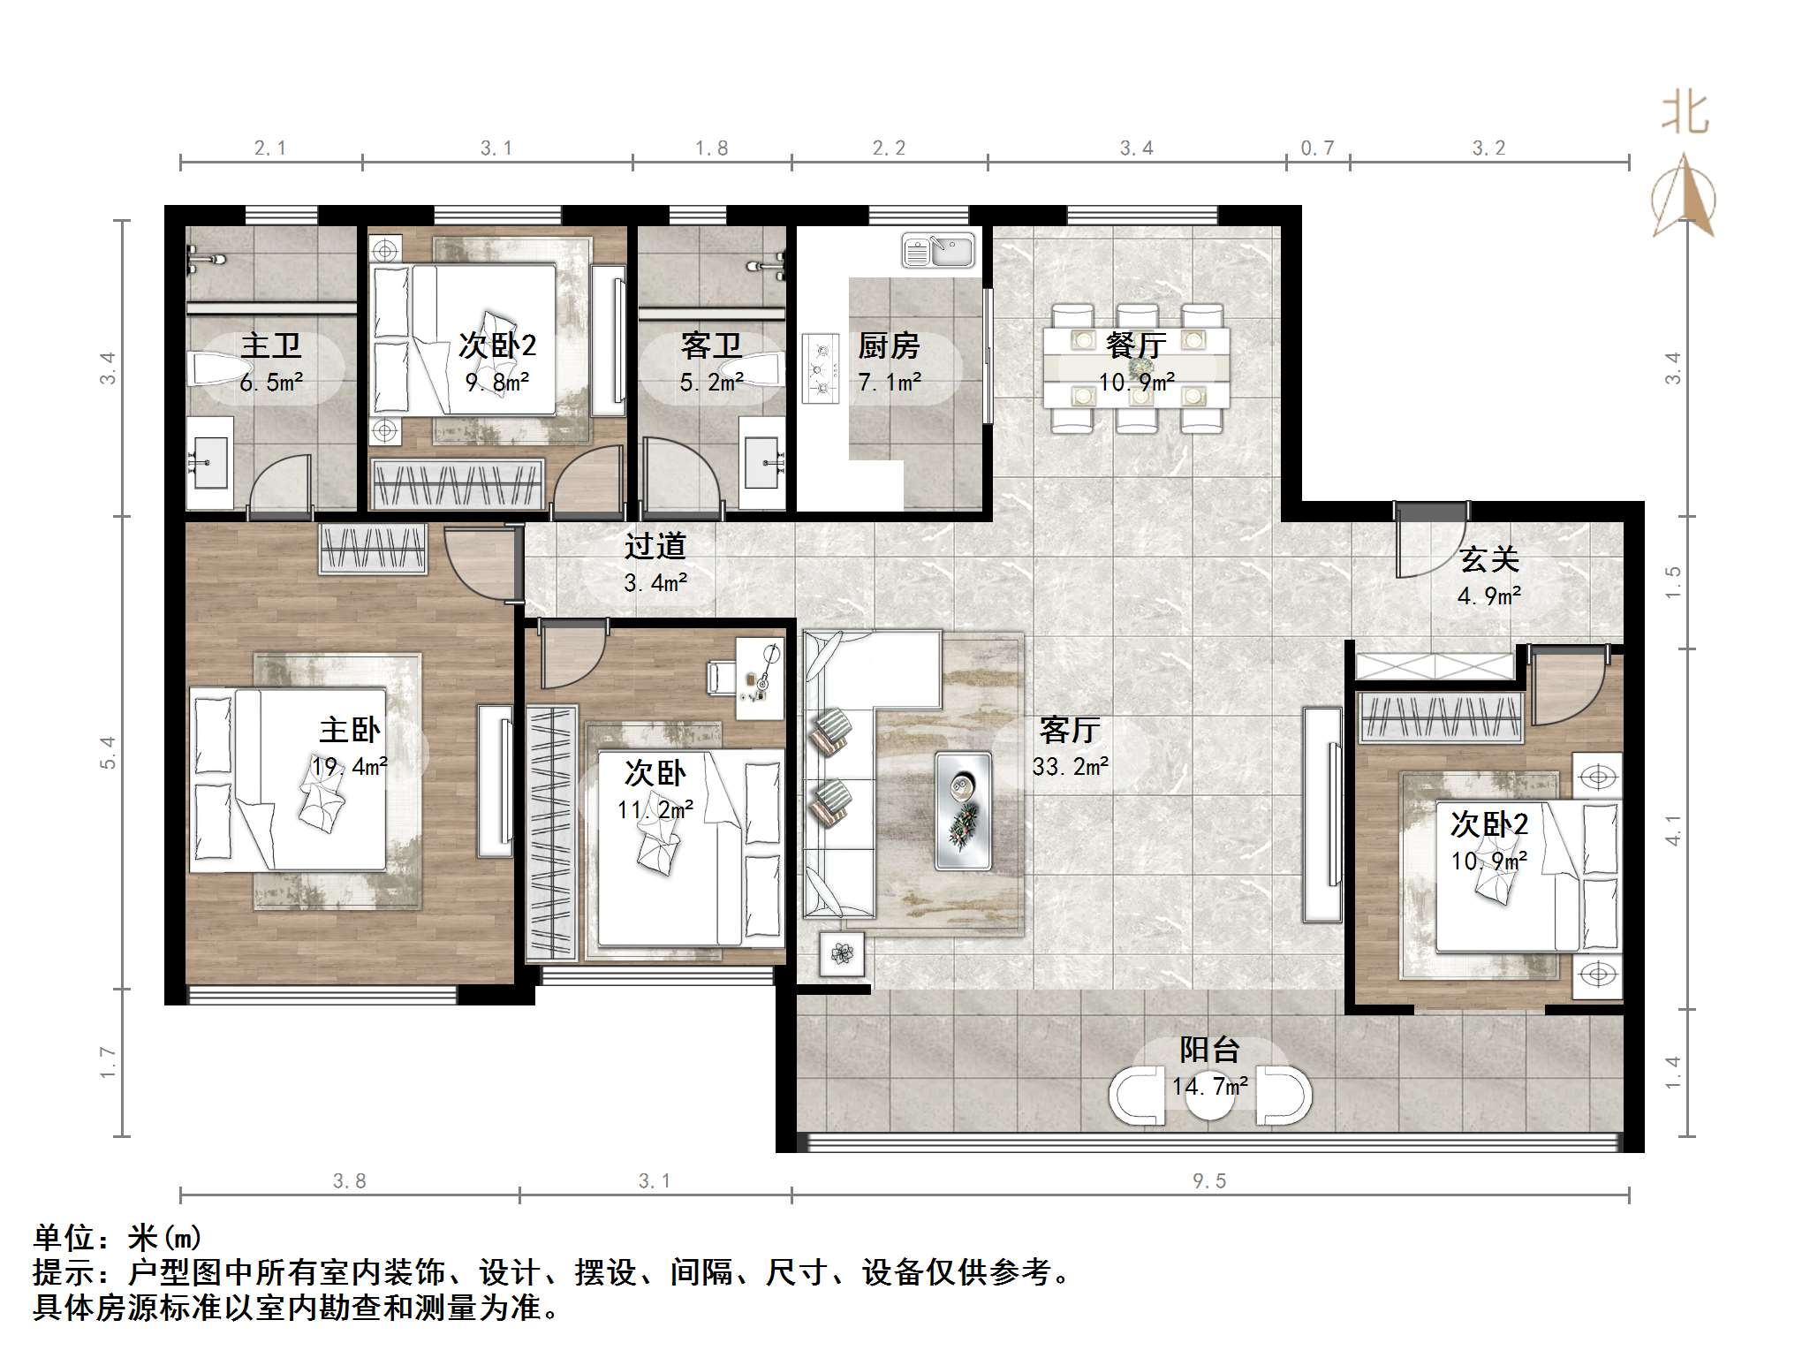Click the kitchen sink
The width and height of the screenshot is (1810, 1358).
click(937, 250)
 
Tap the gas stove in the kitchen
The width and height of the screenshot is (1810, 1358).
click(821, 368)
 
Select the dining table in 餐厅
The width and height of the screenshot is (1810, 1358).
click(1136, 368)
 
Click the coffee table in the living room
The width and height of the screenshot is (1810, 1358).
click(963, 810)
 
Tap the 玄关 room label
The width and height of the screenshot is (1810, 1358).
click(1489, 558)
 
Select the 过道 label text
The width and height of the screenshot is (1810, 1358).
click(655, 546)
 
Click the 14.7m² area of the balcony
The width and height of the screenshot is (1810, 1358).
click(1210, 1086)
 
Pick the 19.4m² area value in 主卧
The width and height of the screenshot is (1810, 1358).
click(350, 766)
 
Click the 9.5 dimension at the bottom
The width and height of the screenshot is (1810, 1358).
click(1209, 1181)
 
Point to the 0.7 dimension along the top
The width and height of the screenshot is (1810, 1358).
click(1317, 148)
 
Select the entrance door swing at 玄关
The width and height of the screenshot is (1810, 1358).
click(1431, 541)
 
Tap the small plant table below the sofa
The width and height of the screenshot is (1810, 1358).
click(842, 954)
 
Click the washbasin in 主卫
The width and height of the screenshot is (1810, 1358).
click(211, 463)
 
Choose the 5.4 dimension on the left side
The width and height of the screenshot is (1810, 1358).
click(108, 753)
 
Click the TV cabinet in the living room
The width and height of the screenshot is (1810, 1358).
click(1322, 814)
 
